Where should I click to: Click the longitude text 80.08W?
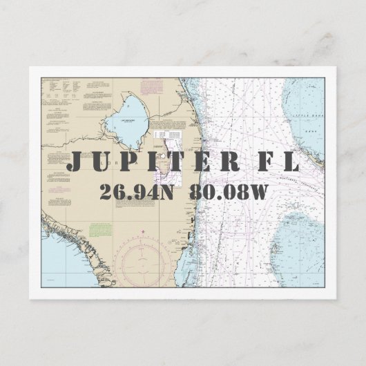coord(230,192)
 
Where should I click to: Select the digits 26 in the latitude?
coord(110,192)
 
